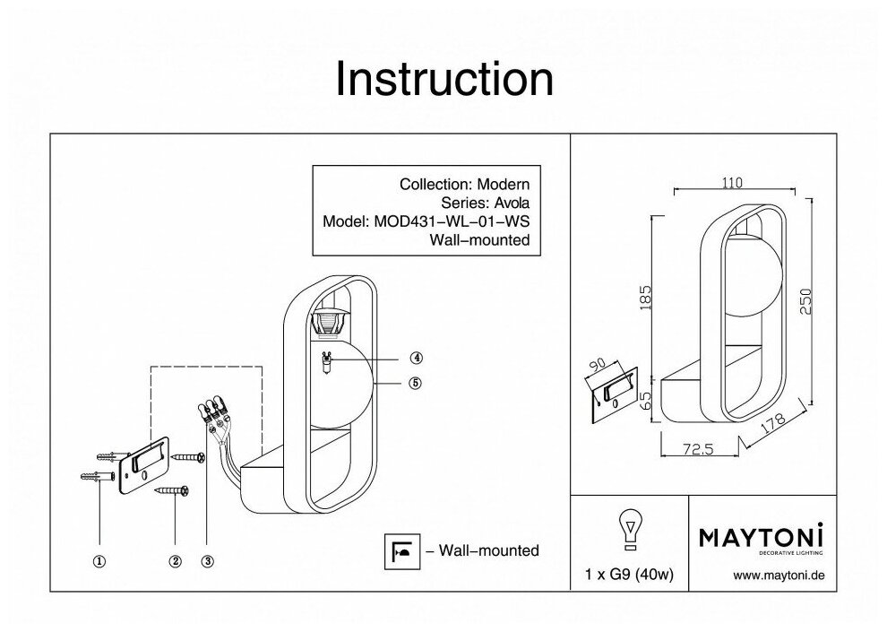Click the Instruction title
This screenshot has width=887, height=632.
coord(443,80)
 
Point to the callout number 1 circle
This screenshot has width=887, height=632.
coord(99,562)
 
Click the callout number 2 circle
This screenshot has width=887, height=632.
coord(175,562)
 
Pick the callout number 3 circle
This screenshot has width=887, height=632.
coord(207,562)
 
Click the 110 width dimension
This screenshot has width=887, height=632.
coord(732,182)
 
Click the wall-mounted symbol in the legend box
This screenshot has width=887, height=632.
coord(399,550)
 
